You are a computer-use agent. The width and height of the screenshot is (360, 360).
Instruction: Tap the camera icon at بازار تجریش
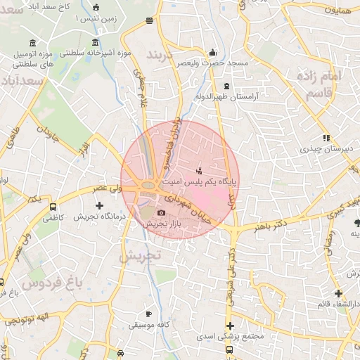(161, 213)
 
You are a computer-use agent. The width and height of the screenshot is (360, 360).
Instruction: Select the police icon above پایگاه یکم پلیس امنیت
(200, 170)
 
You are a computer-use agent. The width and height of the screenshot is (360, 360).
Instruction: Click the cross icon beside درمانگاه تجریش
(99, 206)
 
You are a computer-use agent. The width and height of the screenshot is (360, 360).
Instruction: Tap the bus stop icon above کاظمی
(53, 207)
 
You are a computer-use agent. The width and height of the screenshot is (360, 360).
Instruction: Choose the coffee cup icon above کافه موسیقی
(148, 314)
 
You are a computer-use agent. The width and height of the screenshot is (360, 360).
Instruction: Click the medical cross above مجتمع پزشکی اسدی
(230, 326)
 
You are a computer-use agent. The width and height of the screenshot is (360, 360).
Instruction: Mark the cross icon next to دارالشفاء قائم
(338, 293)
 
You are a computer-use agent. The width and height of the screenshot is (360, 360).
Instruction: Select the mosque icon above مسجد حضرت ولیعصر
(213, 53)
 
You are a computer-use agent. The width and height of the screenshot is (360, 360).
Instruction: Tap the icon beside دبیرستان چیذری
(326, 138)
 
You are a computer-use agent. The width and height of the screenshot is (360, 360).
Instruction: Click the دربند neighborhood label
(163, 53)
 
